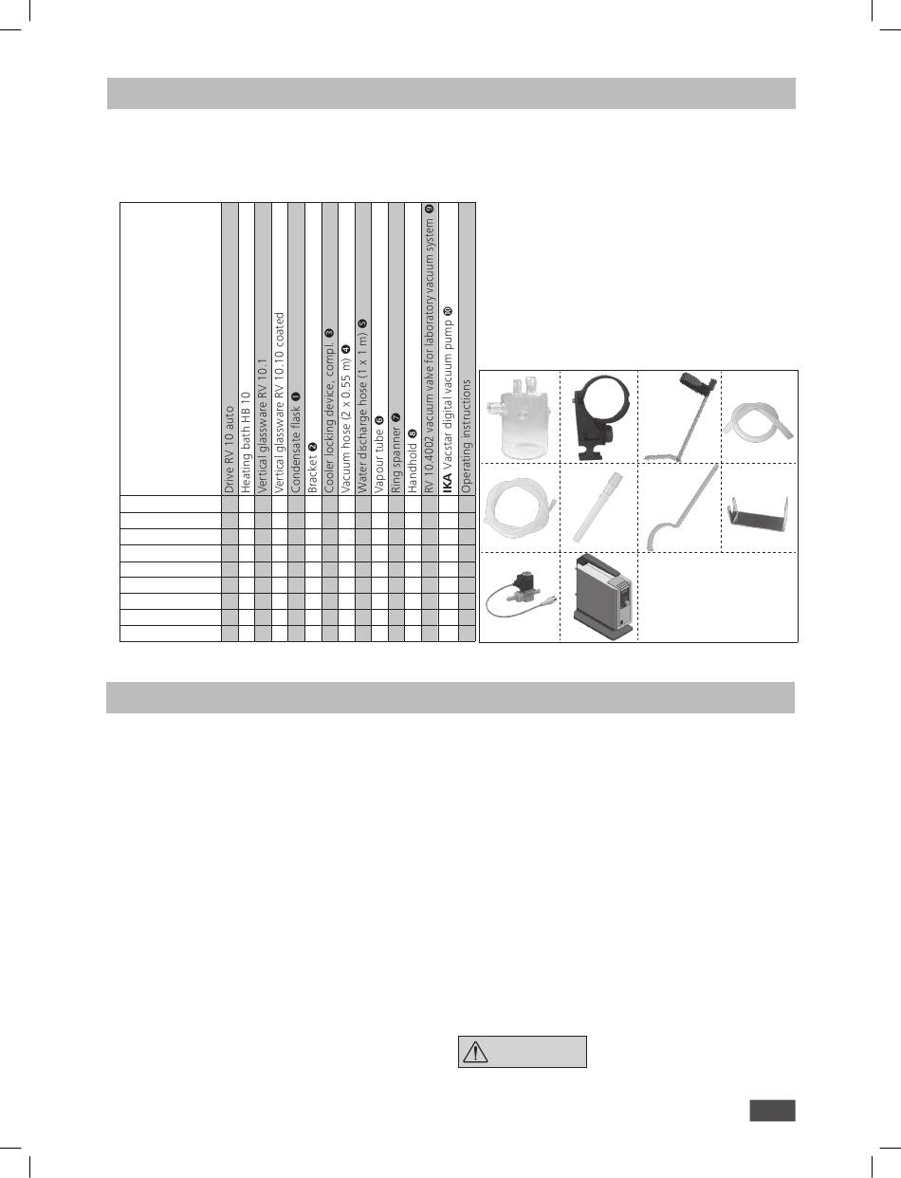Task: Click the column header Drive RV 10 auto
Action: coord(230,450)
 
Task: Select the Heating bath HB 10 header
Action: coord(246,442)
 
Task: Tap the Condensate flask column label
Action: coord(295,442)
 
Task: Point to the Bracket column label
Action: coord(312,468)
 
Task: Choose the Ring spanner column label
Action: coord(395,453)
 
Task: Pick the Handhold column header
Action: coord(412,461)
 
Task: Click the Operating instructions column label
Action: coord(466,436)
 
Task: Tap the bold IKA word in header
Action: coord(448,484)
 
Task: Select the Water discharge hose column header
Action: coord(361,406)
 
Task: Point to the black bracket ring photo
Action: coord(600,417)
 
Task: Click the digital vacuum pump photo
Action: coord(603,597)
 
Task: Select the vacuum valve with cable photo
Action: coord(521,597)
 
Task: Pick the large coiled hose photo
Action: coord(518,507)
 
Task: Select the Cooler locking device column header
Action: coord(328,411)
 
